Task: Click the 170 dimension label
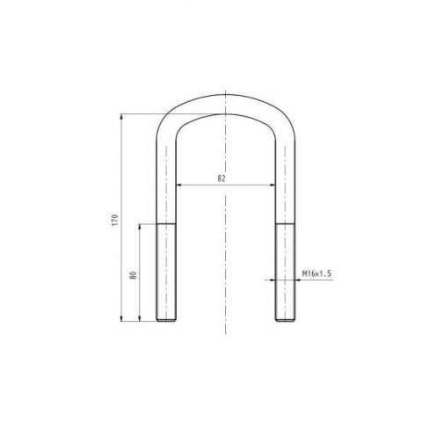pyautogui.click(x=115, y=220)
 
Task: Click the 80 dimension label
pyautogui.click(x=134, y=275)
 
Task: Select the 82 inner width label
pyautogui.click(x=222, y=178)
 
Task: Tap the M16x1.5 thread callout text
pyautogui.click(x=316, y=273)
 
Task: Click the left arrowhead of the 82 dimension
pyautogui.click(x=179, y=185)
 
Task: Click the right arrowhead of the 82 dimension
pyautogui.click(x=273, y=185)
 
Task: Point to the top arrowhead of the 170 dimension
pyautogui.click(x=121, y=117)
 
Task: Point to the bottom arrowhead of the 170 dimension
pyautogui.click(x=121, y=318)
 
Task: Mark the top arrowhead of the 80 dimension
pyautogui.click(x=140, y=227)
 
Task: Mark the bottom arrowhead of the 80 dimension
pyautogui.click(x=140, y=318)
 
